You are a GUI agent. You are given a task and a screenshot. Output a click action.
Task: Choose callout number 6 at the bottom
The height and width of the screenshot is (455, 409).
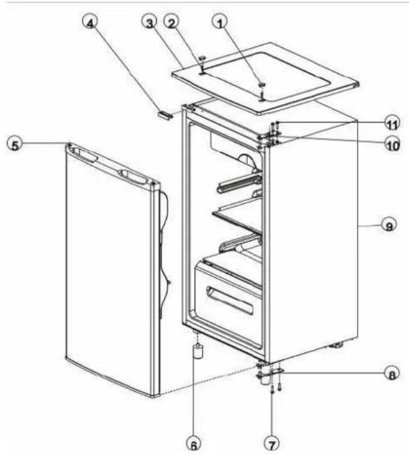(191, 442)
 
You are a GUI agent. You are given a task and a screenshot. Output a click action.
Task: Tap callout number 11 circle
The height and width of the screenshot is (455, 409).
(392, 122)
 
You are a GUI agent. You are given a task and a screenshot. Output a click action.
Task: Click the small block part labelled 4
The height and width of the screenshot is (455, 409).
(165, 116)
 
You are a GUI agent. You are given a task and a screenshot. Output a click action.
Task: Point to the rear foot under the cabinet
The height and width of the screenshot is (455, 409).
(336, 346)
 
